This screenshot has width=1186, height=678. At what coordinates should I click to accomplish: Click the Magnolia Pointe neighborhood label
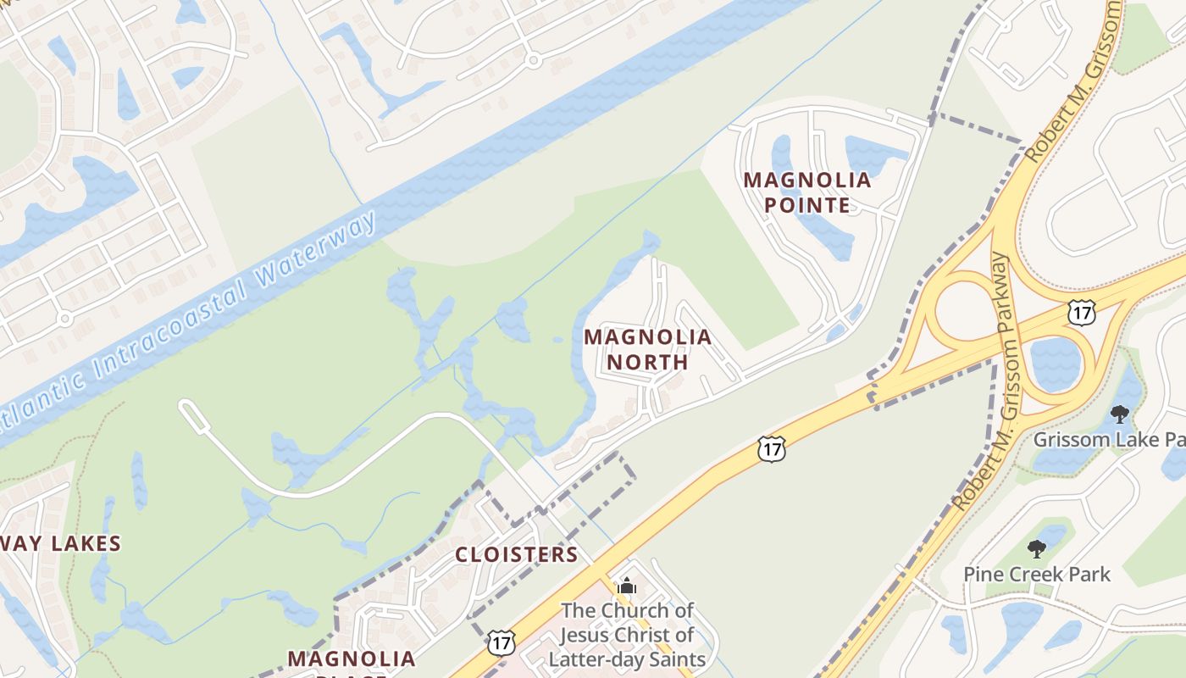pyautogui.click(x=807, y=192)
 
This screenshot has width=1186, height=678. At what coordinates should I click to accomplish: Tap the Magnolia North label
pyautogui.click(x=647, y=349)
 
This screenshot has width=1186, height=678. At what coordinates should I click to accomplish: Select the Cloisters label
pyautogui.click(x=516, y=555)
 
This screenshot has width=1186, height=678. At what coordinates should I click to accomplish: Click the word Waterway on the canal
pyautogui.click(x=317, y=261)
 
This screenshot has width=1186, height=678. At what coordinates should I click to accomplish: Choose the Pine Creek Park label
pyautogui.click(x=1036, y=575)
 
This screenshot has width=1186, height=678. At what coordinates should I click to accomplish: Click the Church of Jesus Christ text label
pyautogui.click(x=628, y=634)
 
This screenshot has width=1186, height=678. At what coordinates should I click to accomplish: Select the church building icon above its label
pyautogui.click(x=626, y=586)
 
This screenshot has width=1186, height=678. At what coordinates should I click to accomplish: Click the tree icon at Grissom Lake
pyautogui.click(x=1120, y=414)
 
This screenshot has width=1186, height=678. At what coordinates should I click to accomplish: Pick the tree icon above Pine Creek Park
pyautogui.click(x=1036, y=549)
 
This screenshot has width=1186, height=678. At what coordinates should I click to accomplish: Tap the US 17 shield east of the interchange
pyautogui.click(x=1082, y=311)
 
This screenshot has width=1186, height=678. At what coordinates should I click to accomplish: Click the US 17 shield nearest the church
pyautogui.click(x=501, y=642)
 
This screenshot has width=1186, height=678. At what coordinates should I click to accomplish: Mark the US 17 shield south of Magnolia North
pyautogui.click(x=772, y=448)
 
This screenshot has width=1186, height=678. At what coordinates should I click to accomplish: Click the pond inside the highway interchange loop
pyautogui.click(x=1055, y=364)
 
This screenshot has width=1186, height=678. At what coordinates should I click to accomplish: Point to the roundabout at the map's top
pyautogui.click(x=532, y=60)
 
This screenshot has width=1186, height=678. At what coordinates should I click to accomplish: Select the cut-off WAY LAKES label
pyautogui.click(x=61, y=544)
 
